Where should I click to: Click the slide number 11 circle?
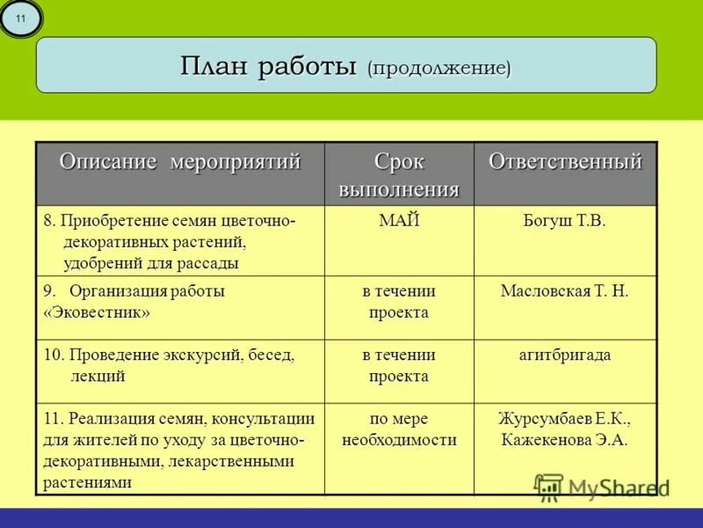(x=21, y=18)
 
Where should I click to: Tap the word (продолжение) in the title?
(x=439, y=67)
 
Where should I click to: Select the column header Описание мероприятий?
(x=180, y=162)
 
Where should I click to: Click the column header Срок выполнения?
(x=399, y=175)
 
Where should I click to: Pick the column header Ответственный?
(x=565, y=162)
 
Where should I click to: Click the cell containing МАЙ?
(x=399, y=221)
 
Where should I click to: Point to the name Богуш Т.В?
(x=564, y=221)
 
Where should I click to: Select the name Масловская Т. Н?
(x=564, y=291)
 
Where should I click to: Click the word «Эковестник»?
(x=97, y=312)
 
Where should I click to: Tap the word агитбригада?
(x=564, y=356)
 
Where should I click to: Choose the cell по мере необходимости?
(x=399, y=429)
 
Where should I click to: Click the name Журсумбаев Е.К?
(x=564, y=418)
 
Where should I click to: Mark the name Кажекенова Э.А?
(x=564, y=440)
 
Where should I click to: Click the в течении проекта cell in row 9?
(x=399, y=302)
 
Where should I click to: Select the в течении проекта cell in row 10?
(x=399, y=366)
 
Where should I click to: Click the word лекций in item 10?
(x=98, y=377)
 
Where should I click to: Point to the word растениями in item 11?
(x=88, y=482)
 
